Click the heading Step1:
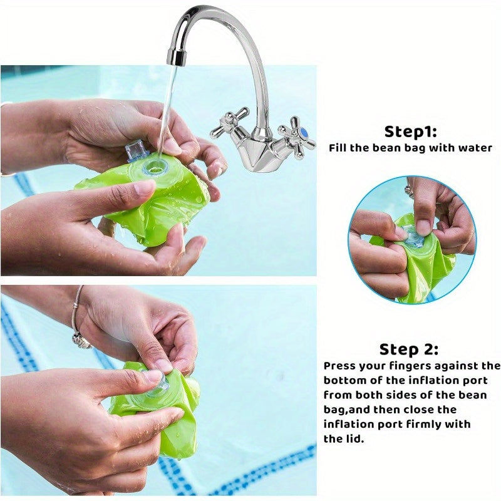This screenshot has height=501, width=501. point(410,132)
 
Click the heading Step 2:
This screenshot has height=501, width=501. point(409,349)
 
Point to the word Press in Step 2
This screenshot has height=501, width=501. point(342,366)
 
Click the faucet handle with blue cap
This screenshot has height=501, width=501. point(297,133)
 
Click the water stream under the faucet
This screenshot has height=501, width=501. point(167,106)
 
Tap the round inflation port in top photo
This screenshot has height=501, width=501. point(154,167)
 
